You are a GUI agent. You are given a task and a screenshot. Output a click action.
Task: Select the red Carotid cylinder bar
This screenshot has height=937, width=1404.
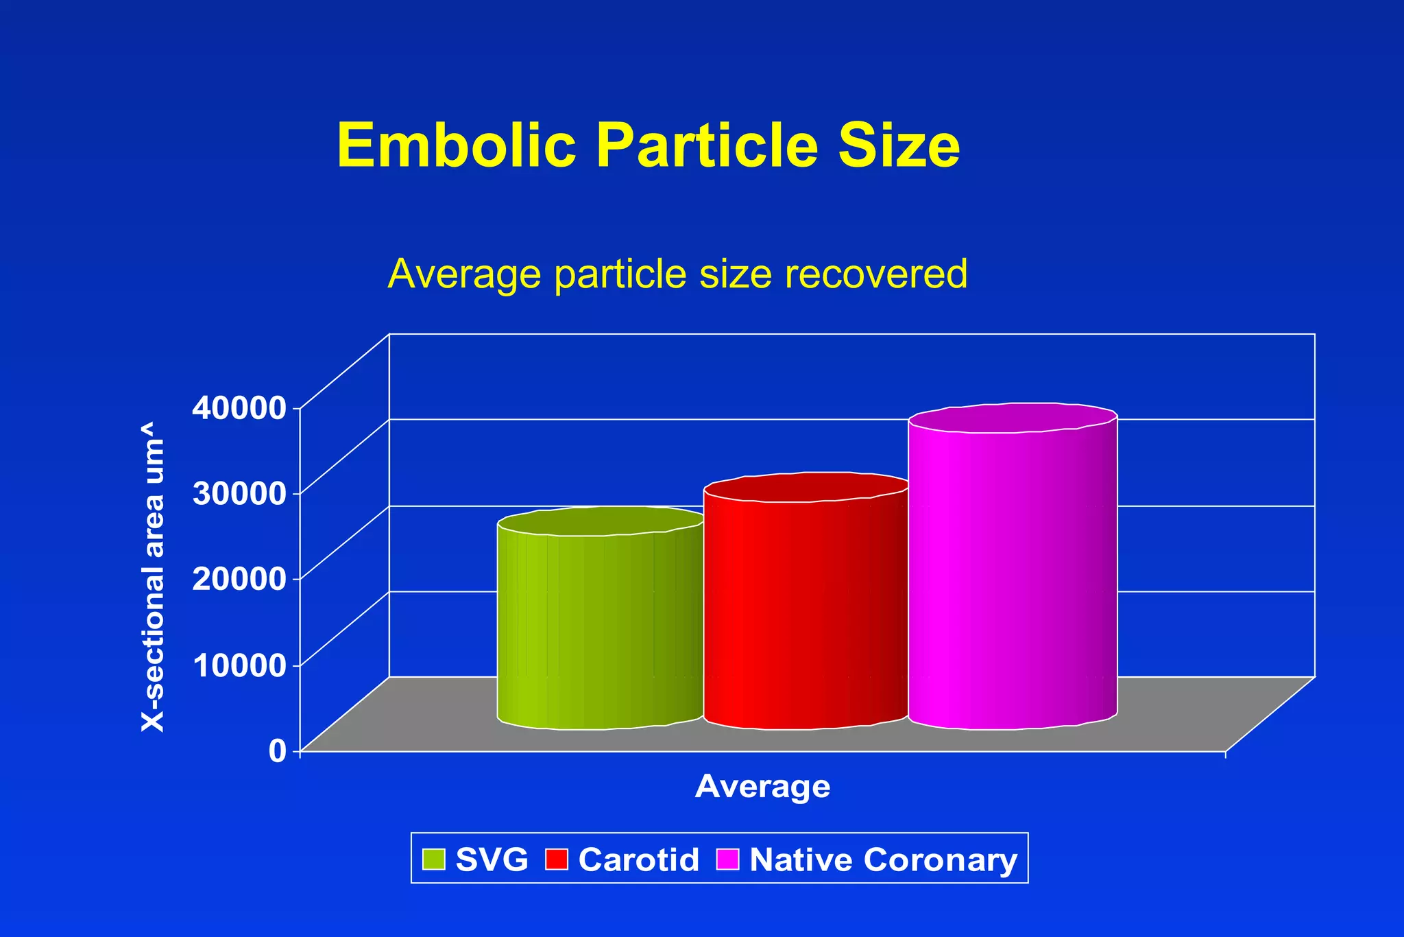[x=806, y=610]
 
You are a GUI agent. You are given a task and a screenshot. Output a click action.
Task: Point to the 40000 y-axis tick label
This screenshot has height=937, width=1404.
[x=238, y=407]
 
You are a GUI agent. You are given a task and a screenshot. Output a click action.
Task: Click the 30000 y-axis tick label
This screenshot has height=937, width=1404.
[x=238, y=493]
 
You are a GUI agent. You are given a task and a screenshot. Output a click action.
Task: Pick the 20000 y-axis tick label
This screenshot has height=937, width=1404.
[x=238, y=578]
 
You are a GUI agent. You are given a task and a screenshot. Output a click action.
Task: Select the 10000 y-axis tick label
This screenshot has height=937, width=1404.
[x=238, y=665]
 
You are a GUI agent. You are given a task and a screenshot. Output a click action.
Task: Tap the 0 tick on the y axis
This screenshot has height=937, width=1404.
[x=277, y=750]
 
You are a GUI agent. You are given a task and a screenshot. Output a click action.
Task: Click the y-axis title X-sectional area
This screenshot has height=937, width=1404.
[x=153, y=577]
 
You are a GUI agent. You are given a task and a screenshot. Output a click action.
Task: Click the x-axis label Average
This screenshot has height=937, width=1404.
[x=762, y=786]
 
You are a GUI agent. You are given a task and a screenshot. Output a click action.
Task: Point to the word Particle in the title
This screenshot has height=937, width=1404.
[x=707, y=145]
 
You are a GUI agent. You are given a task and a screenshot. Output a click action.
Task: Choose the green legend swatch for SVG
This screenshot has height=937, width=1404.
[x=434, y=859]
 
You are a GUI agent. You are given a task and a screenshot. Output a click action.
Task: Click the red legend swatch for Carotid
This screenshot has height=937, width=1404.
[x=557, y=859]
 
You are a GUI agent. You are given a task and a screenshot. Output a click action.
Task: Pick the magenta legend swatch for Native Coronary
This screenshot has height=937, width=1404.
[x=727, y=859]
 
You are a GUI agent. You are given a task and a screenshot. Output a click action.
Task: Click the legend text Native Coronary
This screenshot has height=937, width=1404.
[x=883, y=859]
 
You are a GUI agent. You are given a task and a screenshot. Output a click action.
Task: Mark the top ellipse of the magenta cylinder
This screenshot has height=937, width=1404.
[x=1013, y=418]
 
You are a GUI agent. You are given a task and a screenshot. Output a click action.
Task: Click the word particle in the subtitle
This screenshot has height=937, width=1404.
[x=620, y=274]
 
